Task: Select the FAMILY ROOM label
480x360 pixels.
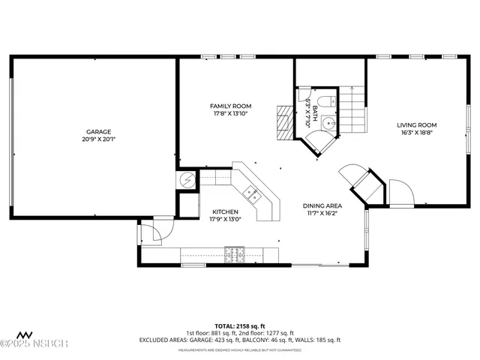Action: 230,106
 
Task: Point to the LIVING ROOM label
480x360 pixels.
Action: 416,124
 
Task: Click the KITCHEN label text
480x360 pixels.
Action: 225,211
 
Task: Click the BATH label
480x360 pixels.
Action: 315,114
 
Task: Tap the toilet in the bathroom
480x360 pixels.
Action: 322,102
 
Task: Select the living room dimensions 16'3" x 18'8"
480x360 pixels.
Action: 416,133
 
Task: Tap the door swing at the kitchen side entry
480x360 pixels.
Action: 151,231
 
